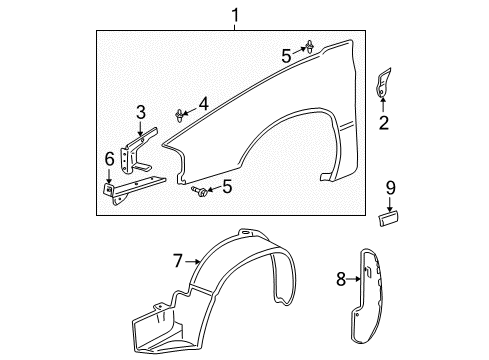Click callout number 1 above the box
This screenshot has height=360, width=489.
pos(236,15)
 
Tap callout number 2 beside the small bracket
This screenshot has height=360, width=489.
pos(382,124)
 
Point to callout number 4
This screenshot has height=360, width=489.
pos(203,102)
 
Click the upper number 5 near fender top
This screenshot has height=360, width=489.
pos(286,57)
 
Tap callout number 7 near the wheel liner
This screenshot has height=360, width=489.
pos(178,261)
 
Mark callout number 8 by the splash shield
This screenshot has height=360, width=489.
pos(341,280)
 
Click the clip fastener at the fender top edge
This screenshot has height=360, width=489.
pos(313,45)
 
